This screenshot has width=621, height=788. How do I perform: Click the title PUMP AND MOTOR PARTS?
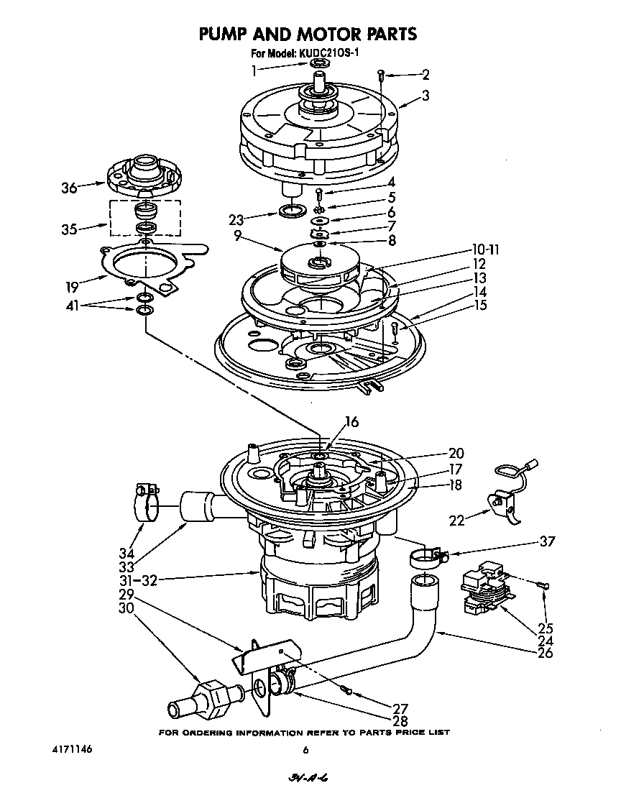click(x=307, y=33)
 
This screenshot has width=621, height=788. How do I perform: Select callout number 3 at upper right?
click(x=425, y=94)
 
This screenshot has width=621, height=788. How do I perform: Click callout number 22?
click(x=455, y=520)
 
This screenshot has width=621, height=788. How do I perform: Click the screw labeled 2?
click(x=382, y=75)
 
